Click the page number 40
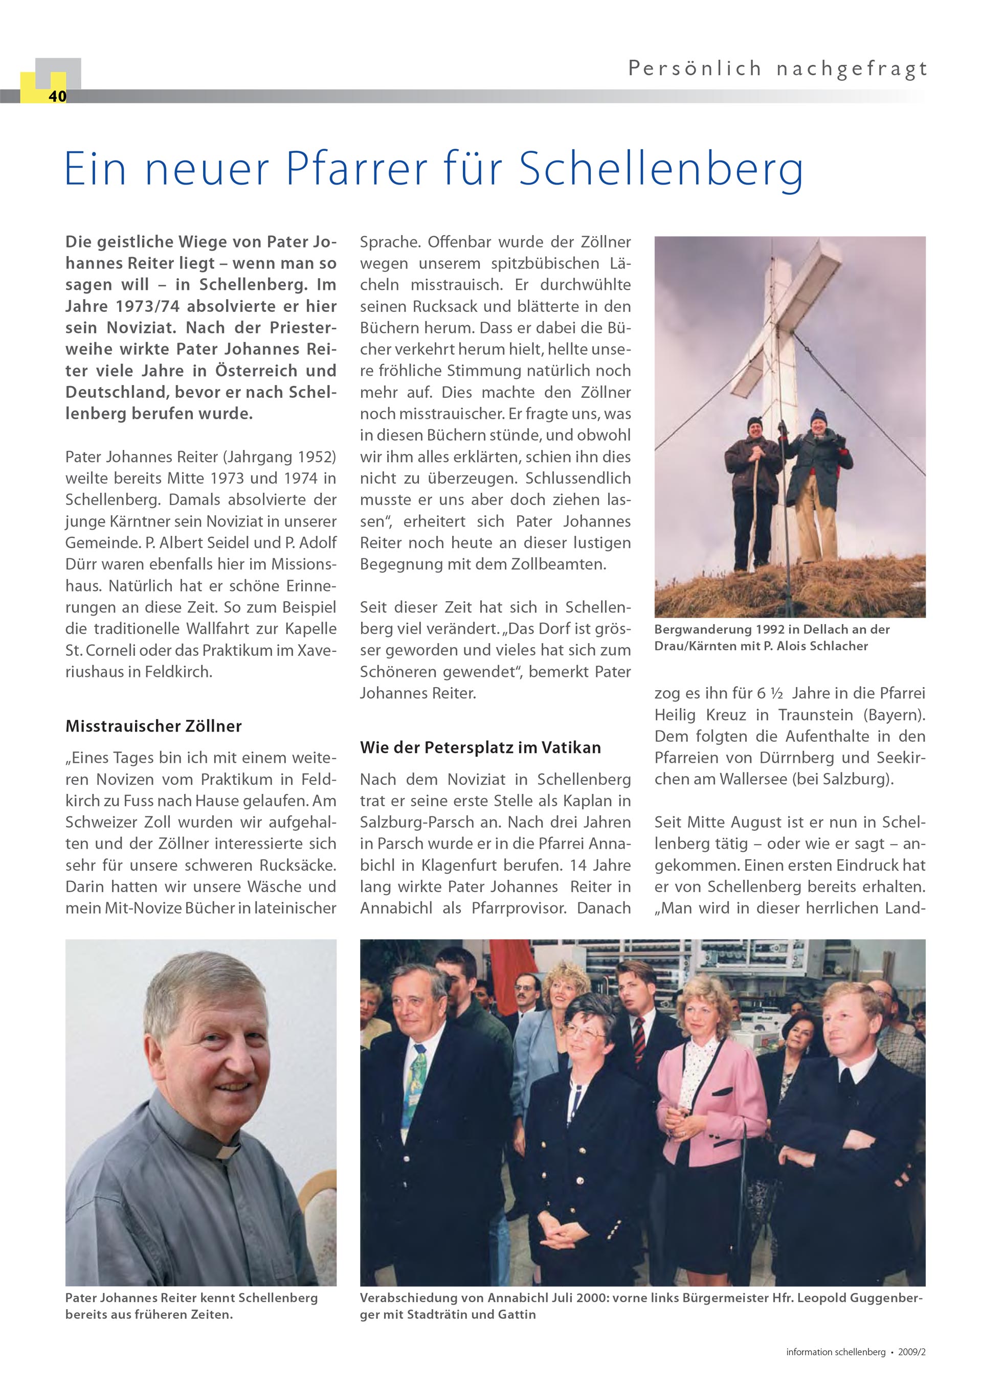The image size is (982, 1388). click(x=57, y=97)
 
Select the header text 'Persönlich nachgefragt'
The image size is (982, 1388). click(x=777, y=69)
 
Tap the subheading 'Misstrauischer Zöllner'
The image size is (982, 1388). click(x=153, y=726)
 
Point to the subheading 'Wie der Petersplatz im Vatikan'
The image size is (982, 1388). click(x=480, y=748)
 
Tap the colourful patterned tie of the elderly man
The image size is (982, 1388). click(x=417, y=1076)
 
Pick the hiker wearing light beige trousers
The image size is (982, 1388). click(x=816, y=484)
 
